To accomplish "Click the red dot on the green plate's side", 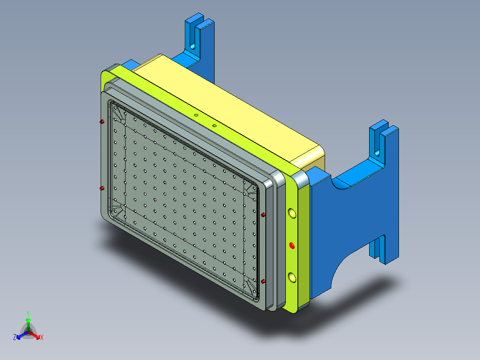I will pos(292,245).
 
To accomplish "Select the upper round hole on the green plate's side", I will pos(292,213).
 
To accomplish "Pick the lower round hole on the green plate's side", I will pos(292,278).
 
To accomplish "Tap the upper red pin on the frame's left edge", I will pos(102,122).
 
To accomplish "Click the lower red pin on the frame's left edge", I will pos(102,188).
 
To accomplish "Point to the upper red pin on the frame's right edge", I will pos(263,215).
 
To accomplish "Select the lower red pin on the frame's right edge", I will pos(263,281).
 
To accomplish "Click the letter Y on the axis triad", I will pos(28,313).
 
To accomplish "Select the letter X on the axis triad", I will pos(41,338).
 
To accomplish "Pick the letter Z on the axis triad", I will pos(15,338).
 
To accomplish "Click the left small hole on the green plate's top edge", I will pos(195,115).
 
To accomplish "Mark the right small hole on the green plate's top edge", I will pos(214,126).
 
